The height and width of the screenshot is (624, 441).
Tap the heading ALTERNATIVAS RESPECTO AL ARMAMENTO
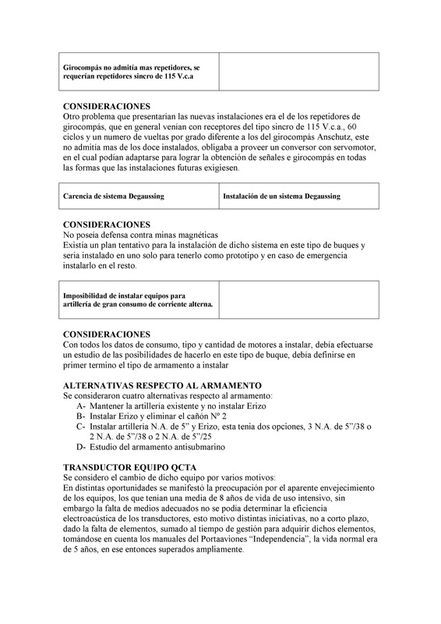[162, 385]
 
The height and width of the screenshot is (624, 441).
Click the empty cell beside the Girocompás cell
[298, 72]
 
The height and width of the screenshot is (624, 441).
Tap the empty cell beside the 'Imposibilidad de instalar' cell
[298, 300]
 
